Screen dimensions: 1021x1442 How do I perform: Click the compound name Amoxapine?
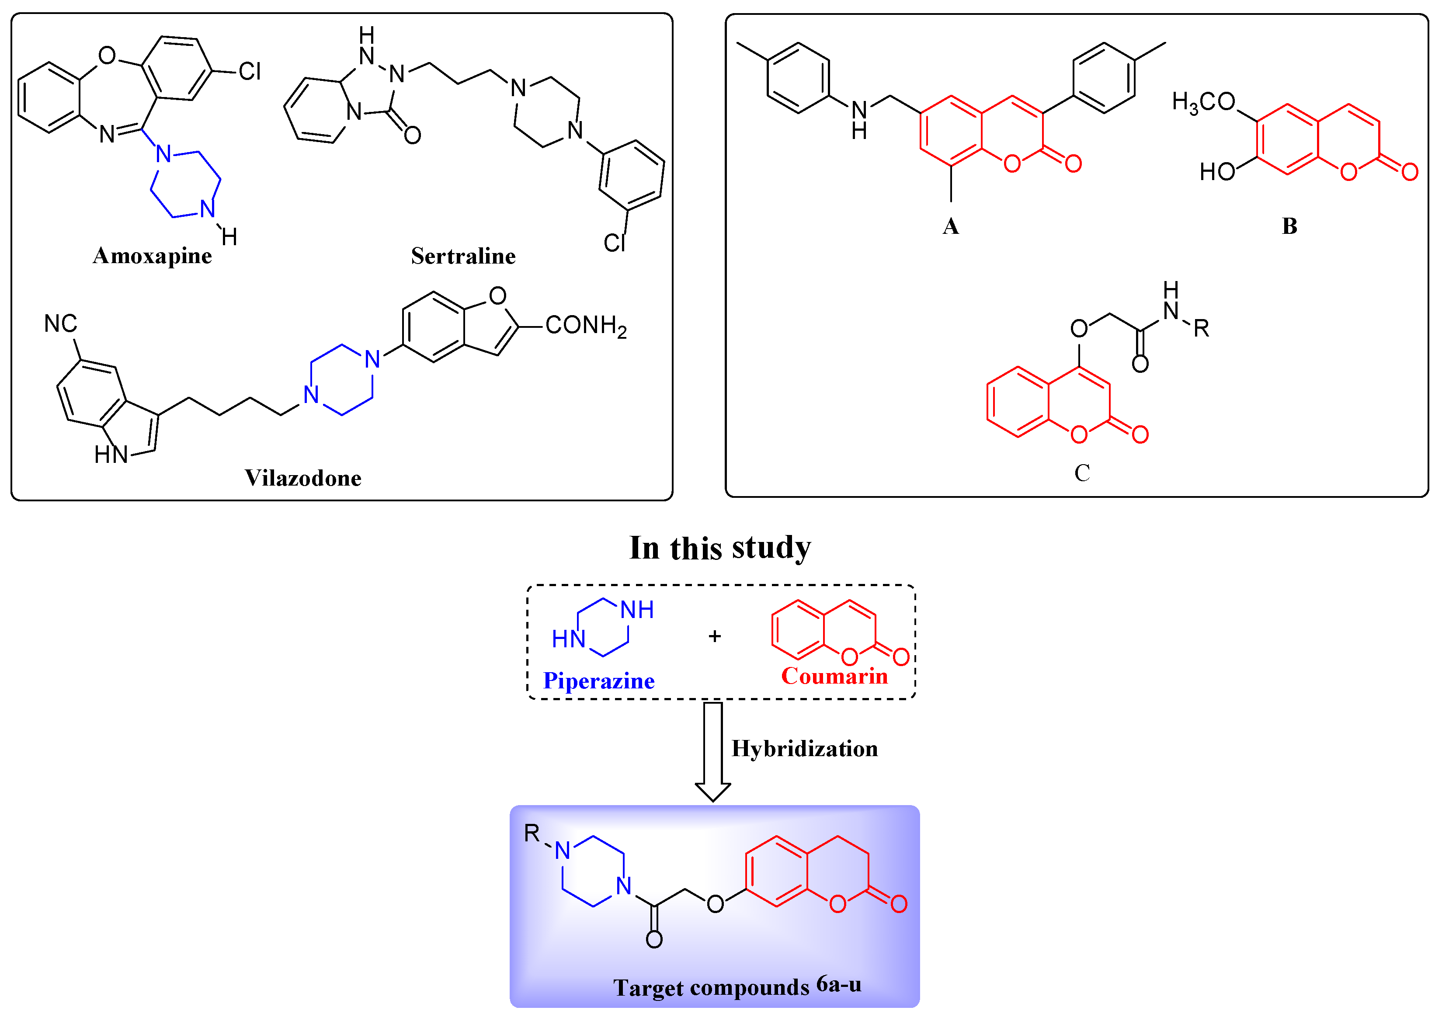click(152, 256)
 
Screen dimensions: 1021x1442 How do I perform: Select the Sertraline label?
click(463, 256)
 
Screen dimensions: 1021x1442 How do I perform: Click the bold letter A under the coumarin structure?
click(950, 226)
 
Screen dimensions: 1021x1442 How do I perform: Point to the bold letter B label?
click(1289, 226)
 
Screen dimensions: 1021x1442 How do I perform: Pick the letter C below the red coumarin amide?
click(1082, 473)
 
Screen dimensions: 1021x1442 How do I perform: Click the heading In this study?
click(720, 548)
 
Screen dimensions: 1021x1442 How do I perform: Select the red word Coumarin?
click(834, 676)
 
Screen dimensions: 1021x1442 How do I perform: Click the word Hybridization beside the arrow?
click(805, 749)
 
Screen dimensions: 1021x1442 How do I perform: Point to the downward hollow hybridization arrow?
click(713, 751)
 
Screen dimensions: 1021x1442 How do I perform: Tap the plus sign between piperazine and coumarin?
click(715, 637)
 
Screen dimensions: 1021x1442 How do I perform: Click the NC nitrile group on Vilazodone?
click(60, 324)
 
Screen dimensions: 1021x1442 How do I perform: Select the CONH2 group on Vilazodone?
click(586, 326)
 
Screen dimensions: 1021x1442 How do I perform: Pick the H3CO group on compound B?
click(1203, 102)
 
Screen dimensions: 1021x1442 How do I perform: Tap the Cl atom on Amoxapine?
click(250, 72)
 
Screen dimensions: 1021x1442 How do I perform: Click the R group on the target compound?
click(532, 833)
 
